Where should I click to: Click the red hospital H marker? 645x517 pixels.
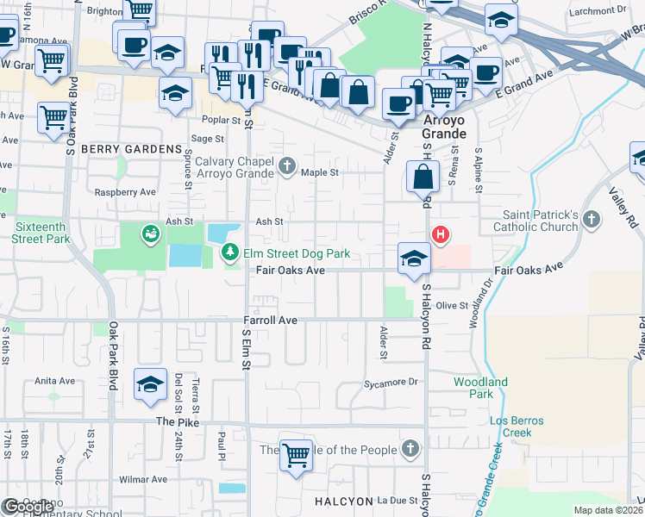coord(441,234)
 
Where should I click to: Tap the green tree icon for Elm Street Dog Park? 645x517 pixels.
coord(230,253)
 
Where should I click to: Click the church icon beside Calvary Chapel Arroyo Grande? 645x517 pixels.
coord(289,165)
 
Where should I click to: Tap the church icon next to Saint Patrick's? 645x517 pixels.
coord(591,220)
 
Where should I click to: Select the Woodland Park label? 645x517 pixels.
coord(480,388)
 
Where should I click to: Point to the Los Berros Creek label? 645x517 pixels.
coord(517,427)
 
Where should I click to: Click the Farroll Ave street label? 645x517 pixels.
coord(271,321)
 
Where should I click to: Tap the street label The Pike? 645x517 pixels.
coord(178,421)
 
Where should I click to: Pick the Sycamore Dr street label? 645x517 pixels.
coord(391,382)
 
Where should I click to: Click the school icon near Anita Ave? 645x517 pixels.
coord(151,384)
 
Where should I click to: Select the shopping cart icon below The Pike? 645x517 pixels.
coord(296,455)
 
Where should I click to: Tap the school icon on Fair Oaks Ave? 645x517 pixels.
coord(414,258)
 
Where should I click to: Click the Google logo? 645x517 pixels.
coord(28,507)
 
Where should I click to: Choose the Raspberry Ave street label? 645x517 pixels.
coord(126,192)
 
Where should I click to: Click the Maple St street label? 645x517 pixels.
coord(321,172)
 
